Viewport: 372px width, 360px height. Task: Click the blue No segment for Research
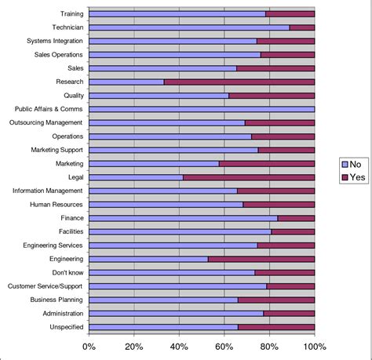tap(126, 82)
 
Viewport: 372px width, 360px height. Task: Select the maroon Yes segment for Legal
tap(249, 177)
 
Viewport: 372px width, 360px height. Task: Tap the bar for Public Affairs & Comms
tap(202, 109)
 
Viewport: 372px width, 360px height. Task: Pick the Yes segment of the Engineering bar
tap(261, 259)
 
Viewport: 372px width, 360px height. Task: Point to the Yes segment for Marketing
tap(267, 163)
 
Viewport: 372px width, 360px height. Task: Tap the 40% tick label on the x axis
tap(180, 347)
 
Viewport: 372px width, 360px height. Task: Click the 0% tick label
tap(89, 347)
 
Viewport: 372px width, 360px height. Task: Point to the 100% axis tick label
tap(314, 347)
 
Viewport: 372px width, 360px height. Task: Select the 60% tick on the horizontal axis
tap(224, 347)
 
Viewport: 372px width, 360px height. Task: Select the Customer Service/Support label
tap(46, 286)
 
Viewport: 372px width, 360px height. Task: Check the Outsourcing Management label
tap(46, 122)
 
